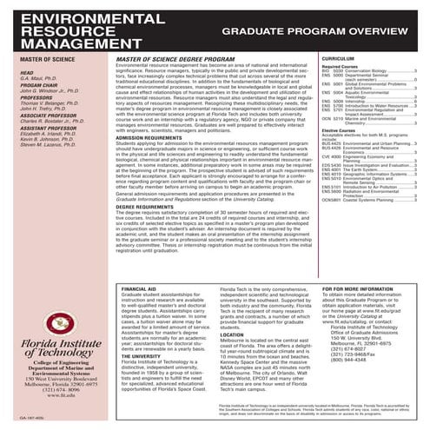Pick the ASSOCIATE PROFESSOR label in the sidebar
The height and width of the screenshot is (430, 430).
[x=50, y=139]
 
